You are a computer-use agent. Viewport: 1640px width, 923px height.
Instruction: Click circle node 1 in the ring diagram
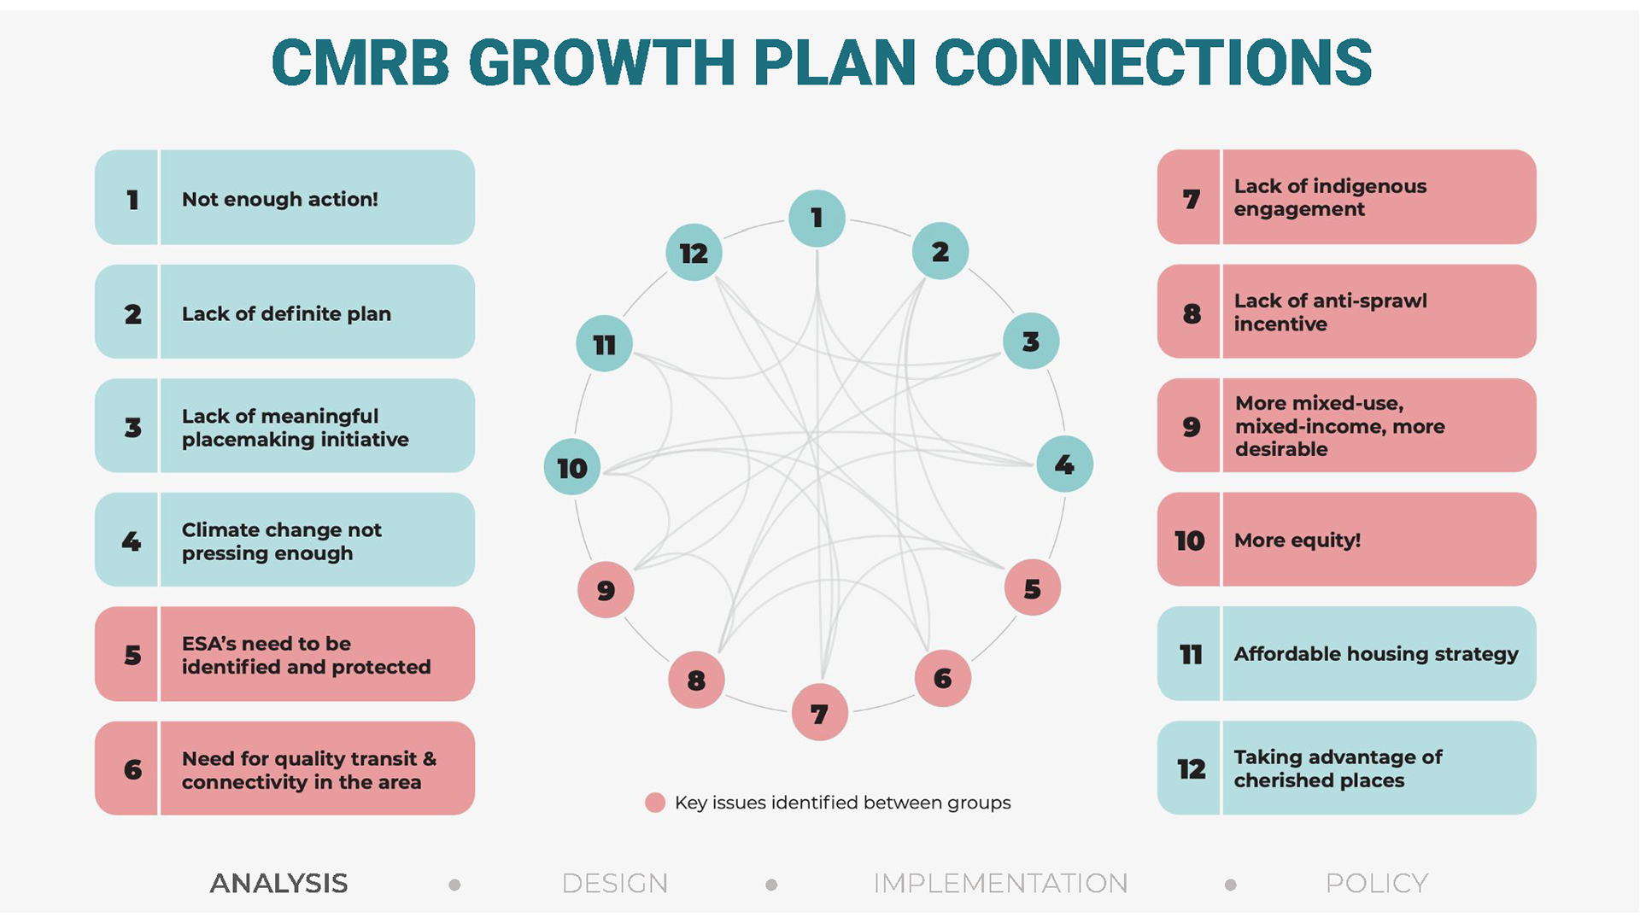click(x=817, y=218)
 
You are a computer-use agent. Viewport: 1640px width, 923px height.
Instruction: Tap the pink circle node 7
click(x=819, y=712)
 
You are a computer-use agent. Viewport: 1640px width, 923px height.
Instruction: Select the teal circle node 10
click(x=572, y=467)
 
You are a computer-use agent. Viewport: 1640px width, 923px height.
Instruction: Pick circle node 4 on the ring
click(x=1064, y=464)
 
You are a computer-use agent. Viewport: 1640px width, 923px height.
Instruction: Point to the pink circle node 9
click(x=606, y=589)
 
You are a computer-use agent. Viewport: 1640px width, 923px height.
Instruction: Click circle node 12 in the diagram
click(x=694, y=253)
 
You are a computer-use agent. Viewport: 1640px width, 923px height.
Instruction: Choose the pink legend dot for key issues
click(x=655, y=803)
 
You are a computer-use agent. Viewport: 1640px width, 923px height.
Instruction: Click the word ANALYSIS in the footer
click(x=278, y=883)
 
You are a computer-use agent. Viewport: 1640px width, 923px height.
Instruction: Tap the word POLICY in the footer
click(x=1377, y=883)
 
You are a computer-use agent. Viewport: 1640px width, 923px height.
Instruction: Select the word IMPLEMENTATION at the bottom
click(x=1000, y=883)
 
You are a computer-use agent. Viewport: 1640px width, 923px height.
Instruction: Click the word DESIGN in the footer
click(x=615, y=883)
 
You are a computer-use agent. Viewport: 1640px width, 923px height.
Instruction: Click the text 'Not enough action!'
click(x=279, y=199)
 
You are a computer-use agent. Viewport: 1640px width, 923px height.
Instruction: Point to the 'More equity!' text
click(x=1297, y=540)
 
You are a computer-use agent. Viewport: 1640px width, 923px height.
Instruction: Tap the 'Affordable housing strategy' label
click(x=1376, y=654)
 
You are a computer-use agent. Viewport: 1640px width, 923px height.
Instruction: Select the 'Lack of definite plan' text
click(x=286, y=313)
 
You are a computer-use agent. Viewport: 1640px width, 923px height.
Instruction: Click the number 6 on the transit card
click(x=132, y=769)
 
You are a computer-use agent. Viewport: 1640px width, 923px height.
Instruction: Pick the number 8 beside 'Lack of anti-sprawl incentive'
click(x=1192, y=313)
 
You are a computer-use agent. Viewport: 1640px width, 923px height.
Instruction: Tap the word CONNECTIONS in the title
click(x=1153, y=62)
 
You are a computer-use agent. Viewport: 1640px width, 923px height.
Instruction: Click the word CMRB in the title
click(x=360, y=62)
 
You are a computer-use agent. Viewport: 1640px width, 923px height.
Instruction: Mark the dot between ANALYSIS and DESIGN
click(x=454, y=885)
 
